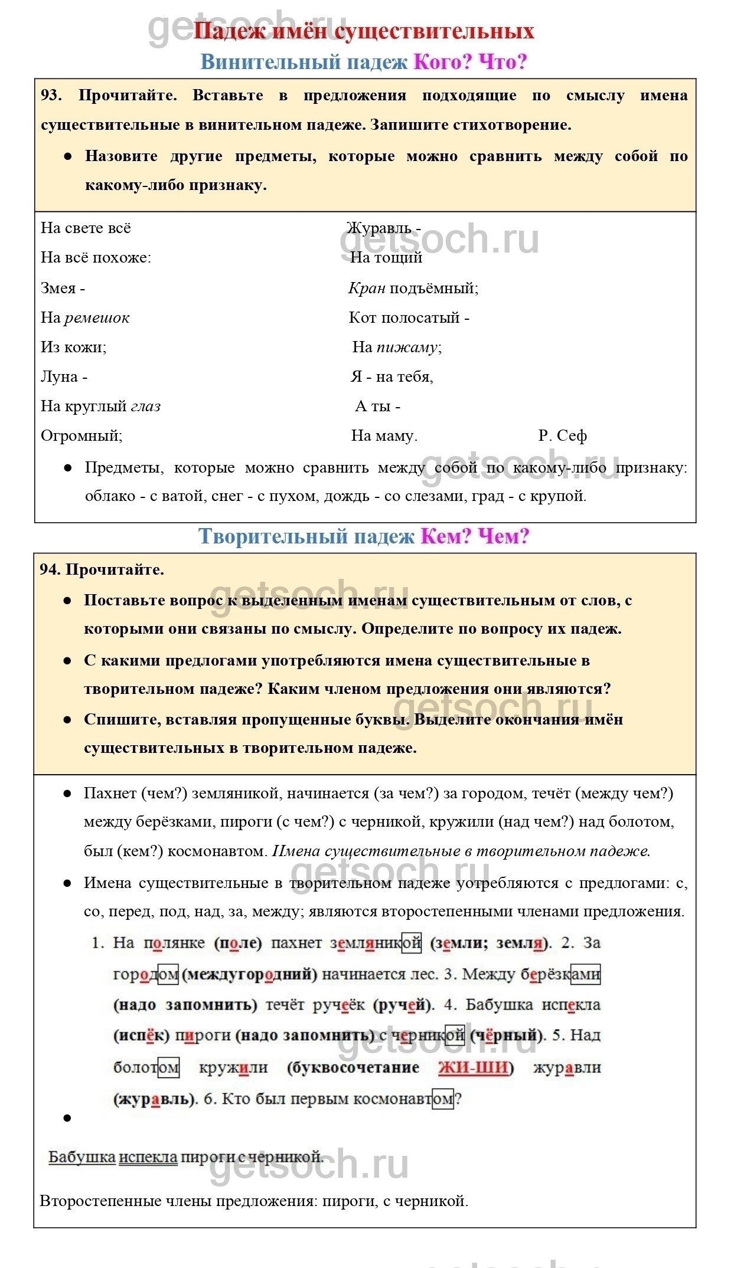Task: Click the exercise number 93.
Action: tap(51, 96)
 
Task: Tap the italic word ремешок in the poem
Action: tap(97, 318)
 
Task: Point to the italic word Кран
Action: tap(367, 289)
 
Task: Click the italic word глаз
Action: tap(145, 407)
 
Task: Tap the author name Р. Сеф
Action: tap(562, 436)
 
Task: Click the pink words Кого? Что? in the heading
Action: tap(469, 62)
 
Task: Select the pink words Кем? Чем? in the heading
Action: tap(475, 536)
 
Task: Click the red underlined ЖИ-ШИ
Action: tap(473, 1067)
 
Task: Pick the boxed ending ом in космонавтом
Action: tap(443, 1099)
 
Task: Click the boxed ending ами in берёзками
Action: tap(586, 974)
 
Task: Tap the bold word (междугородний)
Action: tap(249, 974)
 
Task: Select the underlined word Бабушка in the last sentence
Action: tap(81, 1156)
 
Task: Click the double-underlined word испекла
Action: tap(148, 1156)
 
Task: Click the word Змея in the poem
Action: tap(58, 289)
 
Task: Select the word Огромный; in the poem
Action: tap(81, 436)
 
